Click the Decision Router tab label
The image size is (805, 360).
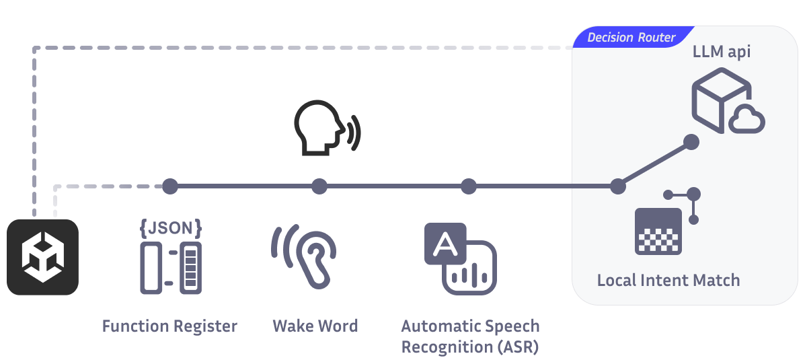(x=631, y=37)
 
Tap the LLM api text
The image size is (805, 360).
(x=722, y=52)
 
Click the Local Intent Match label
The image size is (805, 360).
(x=668, y=280)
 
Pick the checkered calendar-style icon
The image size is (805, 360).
(x=658, y=231)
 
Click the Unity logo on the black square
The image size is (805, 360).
(x=42, y=257)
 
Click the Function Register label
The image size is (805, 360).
(x=169, y=326)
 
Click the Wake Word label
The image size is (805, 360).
(x=315, y=326)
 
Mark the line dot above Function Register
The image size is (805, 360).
(x=170, y=186)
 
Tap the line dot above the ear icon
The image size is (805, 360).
(x=319, y=186)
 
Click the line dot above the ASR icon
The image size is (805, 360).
(x=469, y=186)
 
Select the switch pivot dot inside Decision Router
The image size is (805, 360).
(x=618, y=186)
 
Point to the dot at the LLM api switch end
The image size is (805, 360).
(x=691, y=142)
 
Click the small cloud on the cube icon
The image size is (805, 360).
(x=746, y=121)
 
